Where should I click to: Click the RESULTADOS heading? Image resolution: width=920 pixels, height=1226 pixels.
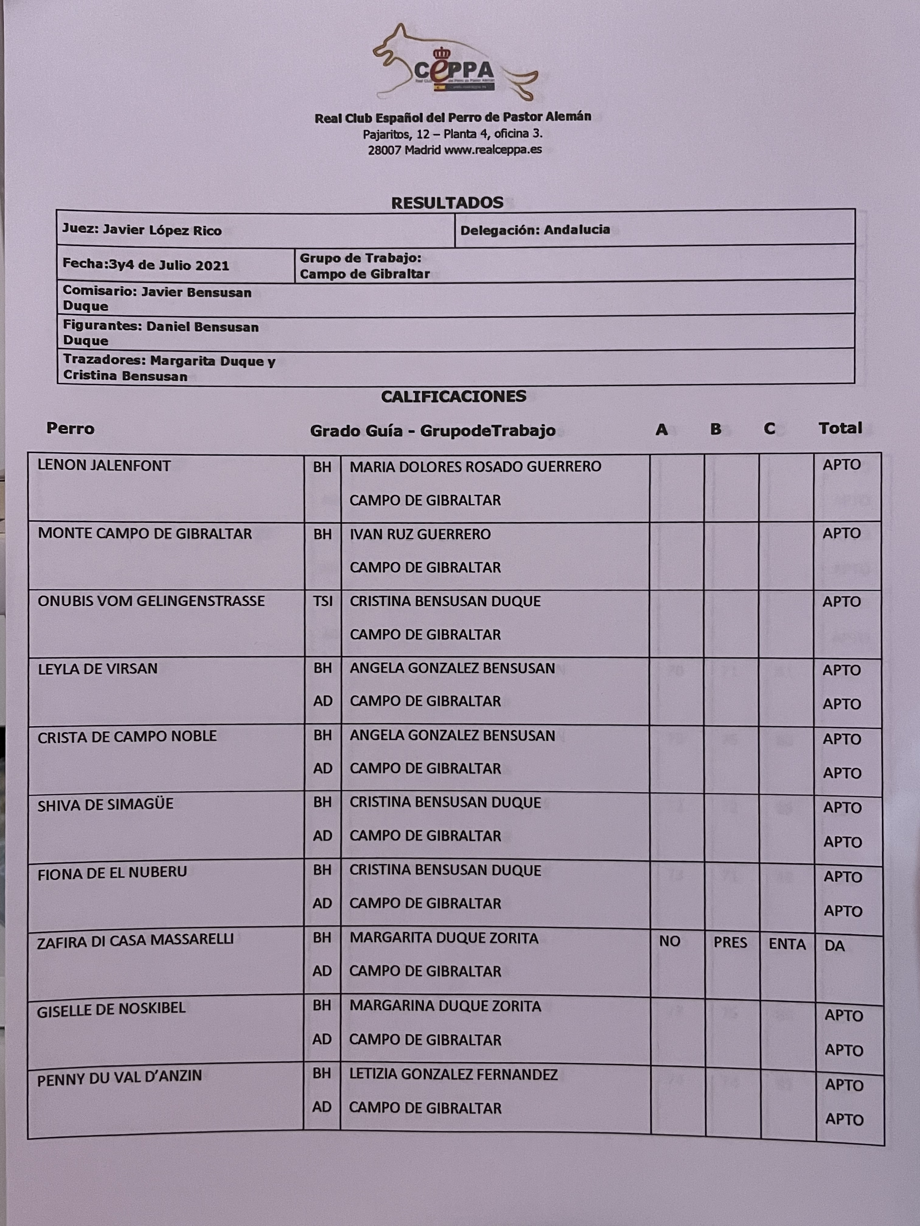[x=447, y=203]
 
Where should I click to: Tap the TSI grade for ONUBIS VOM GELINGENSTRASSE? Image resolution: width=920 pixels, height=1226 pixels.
[x=323, y=601]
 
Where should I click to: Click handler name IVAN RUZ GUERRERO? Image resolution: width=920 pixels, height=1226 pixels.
[x=420, y=534]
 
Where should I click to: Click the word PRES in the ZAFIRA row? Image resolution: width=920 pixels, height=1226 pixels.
[x=730, y=943]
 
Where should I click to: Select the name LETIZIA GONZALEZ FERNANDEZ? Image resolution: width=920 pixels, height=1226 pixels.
[x=453, y=1075]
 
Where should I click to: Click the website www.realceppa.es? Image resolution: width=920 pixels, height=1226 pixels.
[x=493, y=150]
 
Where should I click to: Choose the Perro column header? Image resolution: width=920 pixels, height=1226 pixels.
[x=70, y=428]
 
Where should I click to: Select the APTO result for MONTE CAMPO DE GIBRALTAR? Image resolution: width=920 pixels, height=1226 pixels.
[x=841, y=533]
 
